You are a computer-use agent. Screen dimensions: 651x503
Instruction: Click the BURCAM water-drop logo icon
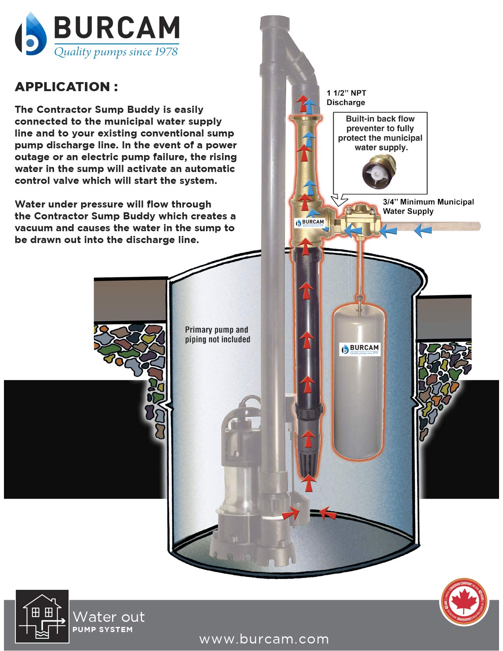(30, 35)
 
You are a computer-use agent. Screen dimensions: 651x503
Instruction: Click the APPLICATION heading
(66, 87)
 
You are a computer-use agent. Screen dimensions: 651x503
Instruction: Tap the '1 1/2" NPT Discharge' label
(346, 98)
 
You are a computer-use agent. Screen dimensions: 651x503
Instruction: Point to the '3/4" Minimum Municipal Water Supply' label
(428, 206)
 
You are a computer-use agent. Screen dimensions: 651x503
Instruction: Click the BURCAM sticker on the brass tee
(310, 223)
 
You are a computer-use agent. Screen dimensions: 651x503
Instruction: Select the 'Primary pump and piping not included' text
(217, 335)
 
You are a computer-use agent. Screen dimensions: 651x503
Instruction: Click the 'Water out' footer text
(108, 617)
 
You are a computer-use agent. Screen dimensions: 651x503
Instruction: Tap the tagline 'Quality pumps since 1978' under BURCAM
(116, 52)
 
